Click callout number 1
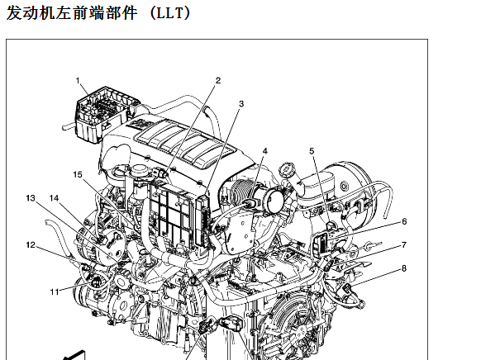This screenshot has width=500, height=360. (78, 81)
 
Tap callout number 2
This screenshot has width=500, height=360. (218, 80)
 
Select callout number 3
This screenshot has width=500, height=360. (241, 104)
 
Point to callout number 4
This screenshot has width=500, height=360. (265, 151)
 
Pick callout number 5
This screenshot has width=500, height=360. (312, 151)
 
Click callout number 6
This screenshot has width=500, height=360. (404, 221)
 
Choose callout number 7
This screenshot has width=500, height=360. (404, 245)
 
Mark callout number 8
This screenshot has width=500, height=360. (404, 268)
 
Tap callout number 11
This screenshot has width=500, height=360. (55, 291)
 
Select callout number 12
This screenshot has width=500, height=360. (31, 245)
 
